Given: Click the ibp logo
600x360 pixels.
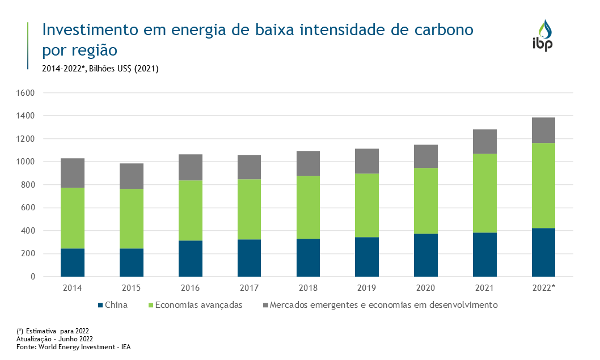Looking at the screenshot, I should (542, 36).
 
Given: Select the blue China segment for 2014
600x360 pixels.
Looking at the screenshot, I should (73, 262).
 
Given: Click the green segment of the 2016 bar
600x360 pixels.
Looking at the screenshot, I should (190, 210).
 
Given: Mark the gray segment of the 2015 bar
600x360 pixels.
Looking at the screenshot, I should (131, 176).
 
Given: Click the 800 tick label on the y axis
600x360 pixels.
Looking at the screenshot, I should (29, 185).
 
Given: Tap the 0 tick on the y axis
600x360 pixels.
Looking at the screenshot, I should (33, 277).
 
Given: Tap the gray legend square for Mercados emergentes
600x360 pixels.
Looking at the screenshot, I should (265, 305).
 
